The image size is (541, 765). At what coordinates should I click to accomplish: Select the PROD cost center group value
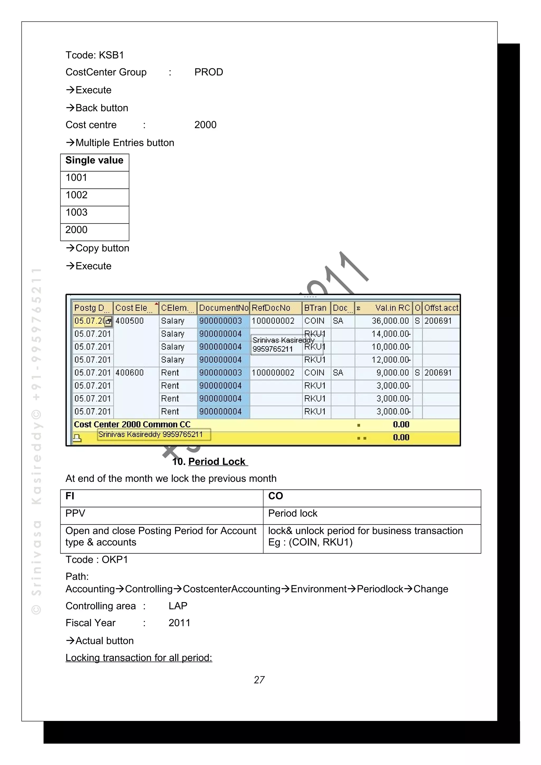click(209, 72)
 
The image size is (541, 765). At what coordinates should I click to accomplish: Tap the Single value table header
click(94, 160)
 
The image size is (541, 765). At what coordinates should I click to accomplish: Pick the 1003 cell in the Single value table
click(77, 212)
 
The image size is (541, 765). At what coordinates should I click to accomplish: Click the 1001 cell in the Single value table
click(77, 178)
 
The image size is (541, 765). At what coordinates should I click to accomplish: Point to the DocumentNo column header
click(223, 308)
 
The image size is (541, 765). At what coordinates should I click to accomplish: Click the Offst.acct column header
click(441, 308)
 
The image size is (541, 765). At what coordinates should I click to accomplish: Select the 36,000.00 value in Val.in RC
click(390, 321)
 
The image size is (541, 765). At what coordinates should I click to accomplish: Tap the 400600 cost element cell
click(129, 372)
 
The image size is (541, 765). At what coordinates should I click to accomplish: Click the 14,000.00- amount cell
click(391, 334)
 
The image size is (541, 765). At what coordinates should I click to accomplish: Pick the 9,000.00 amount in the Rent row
click(392, 372)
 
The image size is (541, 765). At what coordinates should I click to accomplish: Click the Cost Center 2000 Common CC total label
click(132, 424)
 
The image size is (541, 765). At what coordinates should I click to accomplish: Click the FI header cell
click(70, 496)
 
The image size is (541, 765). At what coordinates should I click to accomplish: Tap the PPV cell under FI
click(75, 513)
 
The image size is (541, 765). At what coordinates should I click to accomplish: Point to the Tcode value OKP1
click(115, 559)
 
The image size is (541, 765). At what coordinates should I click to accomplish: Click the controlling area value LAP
click(178, 606)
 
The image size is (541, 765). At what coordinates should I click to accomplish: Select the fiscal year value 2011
click(179, 623)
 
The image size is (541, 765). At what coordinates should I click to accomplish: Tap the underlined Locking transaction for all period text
click(139, 658)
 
